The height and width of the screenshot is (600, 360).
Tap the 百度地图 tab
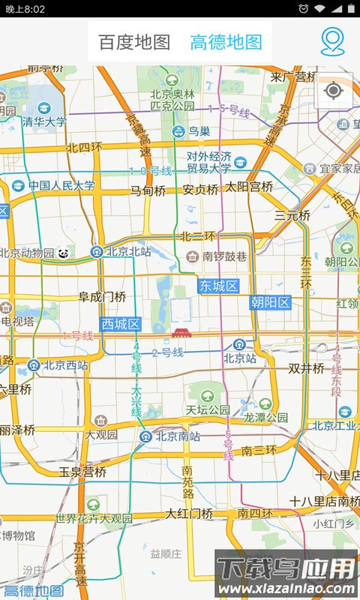click(x=135, y=42)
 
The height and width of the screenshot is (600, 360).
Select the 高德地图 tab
click(x=226, y=42)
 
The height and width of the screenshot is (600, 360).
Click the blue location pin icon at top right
click(x=332, y=42)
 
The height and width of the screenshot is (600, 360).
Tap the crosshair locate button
click(x=334, y=91)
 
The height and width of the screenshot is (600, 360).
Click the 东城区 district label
click(x=218, y=286)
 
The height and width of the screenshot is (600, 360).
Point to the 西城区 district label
click(x=121, y=324)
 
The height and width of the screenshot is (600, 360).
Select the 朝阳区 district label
click(x=271, y=302)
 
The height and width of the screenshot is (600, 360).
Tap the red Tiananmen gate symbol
click(x=181, y=332)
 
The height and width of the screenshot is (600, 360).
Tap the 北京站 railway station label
click(x=240, y=358)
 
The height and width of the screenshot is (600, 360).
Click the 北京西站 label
click(x=65, y=366)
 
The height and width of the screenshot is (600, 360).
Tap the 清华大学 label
click(x=44, y=121)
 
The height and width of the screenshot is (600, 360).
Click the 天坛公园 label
click(x=208, y=410)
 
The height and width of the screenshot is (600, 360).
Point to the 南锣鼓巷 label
click(x=224, y=256)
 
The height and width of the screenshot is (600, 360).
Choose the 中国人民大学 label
click(x=62, y=185)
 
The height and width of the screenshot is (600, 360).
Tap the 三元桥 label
click(x=292, y=215)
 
